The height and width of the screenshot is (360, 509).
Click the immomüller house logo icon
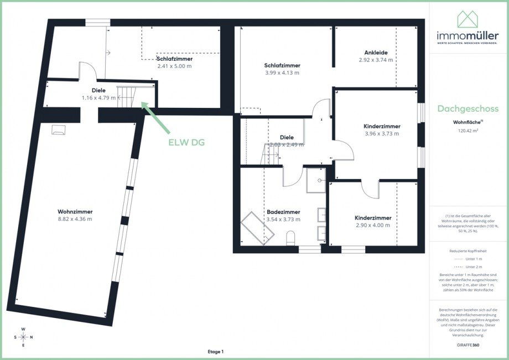pos(468,20)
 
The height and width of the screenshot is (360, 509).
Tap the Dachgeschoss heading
pos(468,109)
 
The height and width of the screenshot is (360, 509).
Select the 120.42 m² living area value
pos(468,132)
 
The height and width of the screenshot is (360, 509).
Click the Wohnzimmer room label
pos(75,211)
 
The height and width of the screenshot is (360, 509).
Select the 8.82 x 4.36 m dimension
pos(75,219)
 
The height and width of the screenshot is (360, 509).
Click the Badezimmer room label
pos(283,212)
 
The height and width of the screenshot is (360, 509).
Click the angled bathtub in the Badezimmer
pos(258,227)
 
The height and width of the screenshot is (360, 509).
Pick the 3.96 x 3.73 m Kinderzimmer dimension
pos(382,133)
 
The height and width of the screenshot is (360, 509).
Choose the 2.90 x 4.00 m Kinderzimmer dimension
pos(373,225)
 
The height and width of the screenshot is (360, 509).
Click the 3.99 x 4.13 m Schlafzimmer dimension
pos(282,72)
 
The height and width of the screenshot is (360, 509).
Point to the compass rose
pos(23,337)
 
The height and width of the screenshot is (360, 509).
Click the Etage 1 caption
pos(215,352)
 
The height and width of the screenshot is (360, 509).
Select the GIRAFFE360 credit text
pos(468,345)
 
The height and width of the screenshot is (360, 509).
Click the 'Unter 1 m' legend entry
pos(468,259)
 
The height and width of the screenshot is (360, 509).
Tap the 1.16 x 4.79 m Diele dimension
pos(98,98)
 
